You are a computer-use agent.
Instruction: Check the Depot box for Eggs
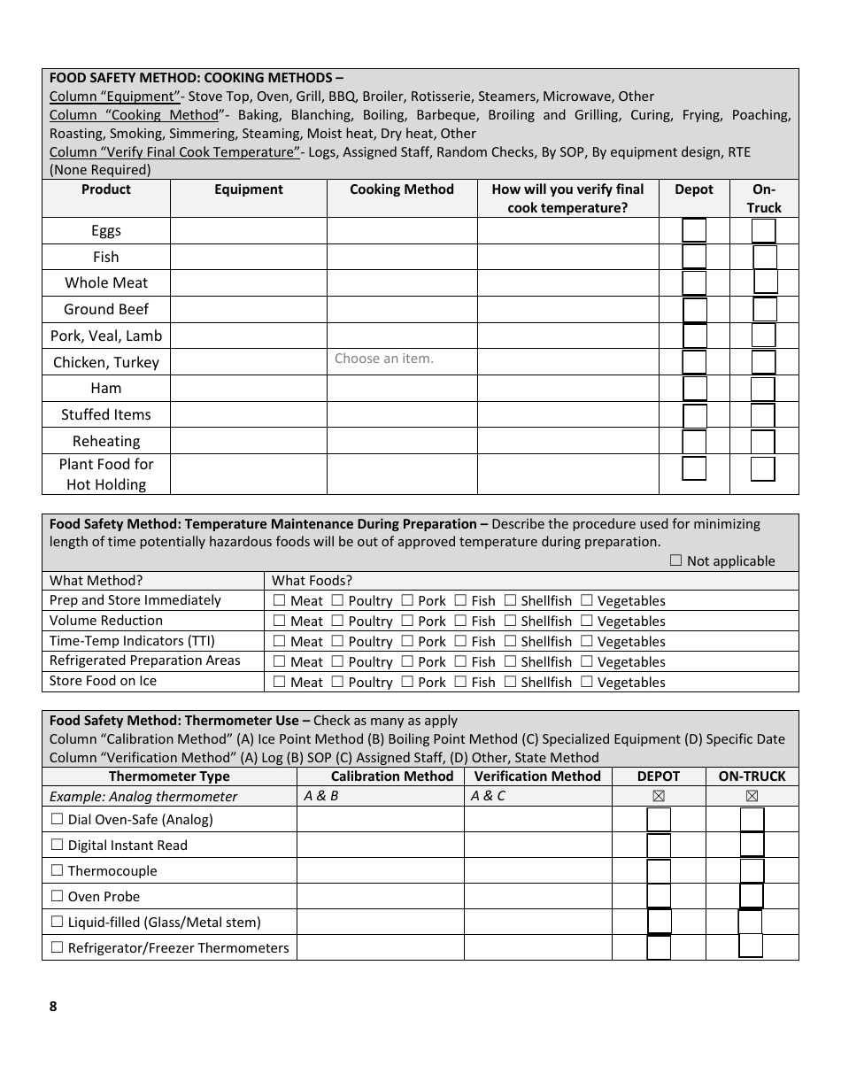coord(694,230)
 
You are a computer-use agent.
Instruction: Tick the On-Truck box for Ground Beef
coord(765,310)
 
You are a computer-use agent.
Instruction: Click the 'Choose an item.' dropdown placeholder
coord(384,359)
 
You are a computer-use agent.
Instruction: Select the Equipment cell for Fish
coord(248,257)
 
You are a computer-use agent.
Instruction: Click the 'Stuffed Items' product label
coord(106,414)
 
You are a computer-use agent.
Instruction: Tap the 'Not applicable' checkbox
coord(676,560)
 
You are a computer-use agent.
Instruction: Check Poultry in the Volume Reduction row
coord(337,622)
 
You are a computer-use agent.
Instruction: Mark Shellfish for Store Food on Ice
coord(510,683)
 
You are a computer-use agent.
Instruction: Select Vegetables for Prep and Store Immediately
coord(587,601)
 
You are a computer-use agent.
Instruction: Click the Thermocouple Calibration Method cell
coord(380,870)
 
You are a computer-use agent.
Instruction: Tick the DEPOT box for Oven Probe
coord(659,896)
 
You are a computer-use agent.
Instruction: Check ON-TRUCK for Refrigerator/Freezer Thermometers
coord(751,946)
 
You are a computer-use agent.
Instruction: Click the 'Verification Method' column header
coord(537,776)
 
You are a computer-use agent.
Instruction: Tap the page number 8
coord(53,1006)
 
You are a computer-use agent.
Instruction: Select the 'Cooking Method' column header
coord(402,189)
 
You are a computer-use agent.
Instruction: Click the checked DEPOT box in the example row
coord(659,796)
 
